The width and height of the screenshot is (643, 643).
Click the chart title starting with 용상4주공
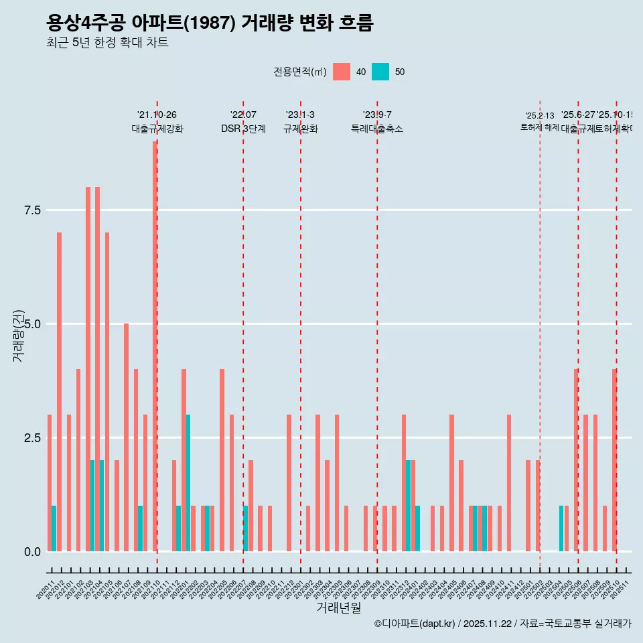tap(210, 23)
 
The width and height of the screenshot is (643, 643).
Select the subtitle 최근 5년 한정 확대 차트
tap(107, 43)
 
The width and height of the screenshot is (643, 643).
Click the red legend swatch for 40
tap(342, 72)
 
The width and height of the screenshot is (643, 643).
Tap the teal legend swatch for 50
tap(380, 72)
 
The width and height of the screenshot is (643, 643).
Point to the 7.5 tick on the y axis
tap(32, 210)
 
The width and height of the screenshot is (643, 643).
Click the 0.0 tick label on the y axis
tap(32, 552)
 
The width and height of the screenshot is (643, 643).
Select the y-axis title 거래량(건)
tap(18, 336)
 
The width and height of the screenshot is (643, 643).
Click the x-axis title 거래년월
tap(338, 608)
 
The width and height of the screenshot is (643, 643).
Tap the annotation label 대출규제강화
tap(157, 129)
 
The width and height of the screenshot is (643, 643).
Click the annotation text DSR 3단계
tap(243, 129)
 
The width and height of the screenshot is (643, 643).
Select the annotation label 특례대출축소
tap(377, 129)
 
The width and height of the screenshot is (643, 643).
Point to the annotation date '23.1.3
tap(300, 115)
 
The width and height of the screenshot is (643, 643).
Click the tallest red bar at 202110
tap(155, 346)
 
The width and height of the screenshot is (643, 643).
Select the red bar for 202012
tap(59, 392)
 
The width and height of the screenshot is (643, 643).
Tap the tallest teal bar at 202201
tap(188, 483)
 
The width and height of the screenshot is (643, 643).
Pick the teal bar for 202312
tap(408, 506)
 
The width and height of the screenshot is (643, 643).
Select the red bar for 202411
tap(509, 483)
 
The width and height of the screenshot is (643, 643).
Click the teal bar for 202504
tap(561, 528)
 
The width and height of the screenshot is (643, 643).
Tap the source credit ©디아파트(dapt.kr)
tap(415, 624)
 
